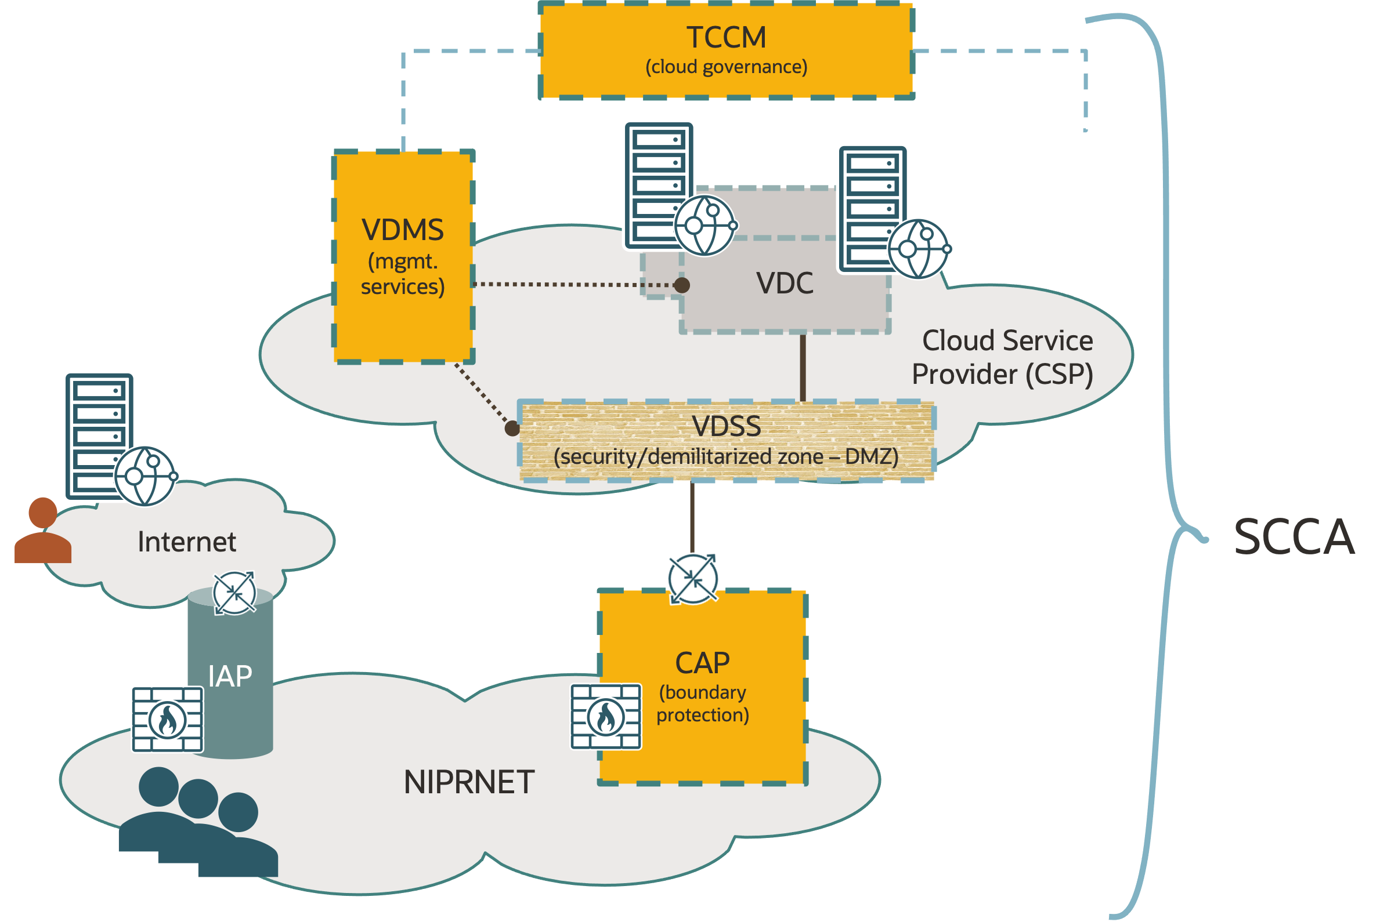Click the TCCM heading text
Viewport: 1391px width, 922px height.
[726, 38]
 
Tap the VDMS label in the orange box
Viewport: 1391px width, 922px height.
[403, 230]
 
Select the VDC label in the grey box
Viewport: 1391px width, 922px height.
[785, 284]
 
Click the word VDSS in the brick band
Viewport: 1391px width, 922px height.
[726, 426]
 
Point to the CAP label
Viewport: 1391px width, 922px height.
[702, 663]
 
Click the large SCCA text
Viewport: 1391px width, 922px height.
[1294, 537]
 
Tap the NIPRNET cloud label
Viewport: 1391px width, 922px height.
[469, 783]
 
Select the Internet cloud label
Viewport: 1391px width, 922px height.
[186, 542]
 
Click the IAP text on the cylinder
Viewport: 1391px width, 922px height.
[229, 676]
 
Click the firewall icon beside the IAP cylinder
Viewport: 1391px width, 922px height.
[167, 719]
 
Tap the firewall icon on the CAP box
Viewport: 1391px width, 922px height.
[606, 717]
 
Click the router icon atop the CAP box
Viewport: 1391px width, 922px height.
[692, 579]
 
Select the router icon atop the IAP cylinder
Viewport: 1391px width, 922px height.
[234, 593]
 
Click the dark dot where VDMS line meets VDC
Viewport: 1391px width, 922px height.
[681, 285]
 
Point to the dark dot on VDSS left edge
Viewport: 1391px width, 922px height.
[512, 429]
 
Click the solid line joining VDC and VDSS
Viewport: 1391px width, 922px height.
[803, 368]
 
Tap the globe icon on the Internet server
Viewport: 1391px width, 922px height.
[145, 475]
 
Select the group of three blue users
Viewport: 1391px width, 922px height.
[197, 823]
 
